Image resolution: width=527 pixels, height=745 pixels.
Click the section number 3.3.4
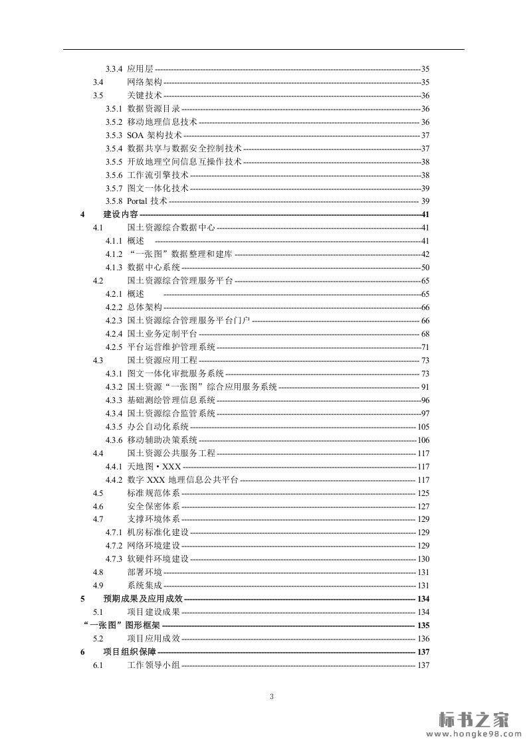pyautogui.click(x=114, y=69)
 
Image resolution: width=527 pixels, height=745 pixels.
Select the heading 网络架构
pyautogui.click(x=144, y=82)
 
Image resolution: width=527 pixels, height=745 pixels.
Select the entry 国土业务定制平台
pyautogui.click(x=161, y=334)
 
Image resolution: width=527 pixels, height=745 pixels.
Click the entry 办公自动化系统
pyautogui.click(x=158, y=427)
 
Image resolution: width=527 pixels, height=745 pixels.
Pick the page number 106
pyautogui.click(x=423, y=440)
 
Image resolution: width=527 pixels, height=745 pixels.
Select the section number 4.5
pyautogui.click(x=98, y=493)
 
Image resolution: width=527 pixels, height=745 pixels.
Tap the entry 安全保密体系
pyautogui.click(x=153, y=507)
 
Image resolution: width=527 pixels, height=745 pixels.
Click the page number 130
pyautogui.click(x=423, y=559)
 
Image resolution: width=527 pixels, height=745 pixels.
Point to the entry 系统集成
pyautogui.click(x=144, y=586)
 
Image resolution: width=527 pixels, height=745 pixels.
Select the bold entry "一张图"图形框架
pyautogui.click(x=122, y=625)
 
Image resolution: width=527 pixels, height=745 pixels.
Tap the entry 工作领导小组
pyautogui.click(x=153, y=665)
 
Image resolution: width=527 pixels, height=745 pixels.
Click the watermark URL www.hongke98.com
pyautogui.click(x=473, y=734)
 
